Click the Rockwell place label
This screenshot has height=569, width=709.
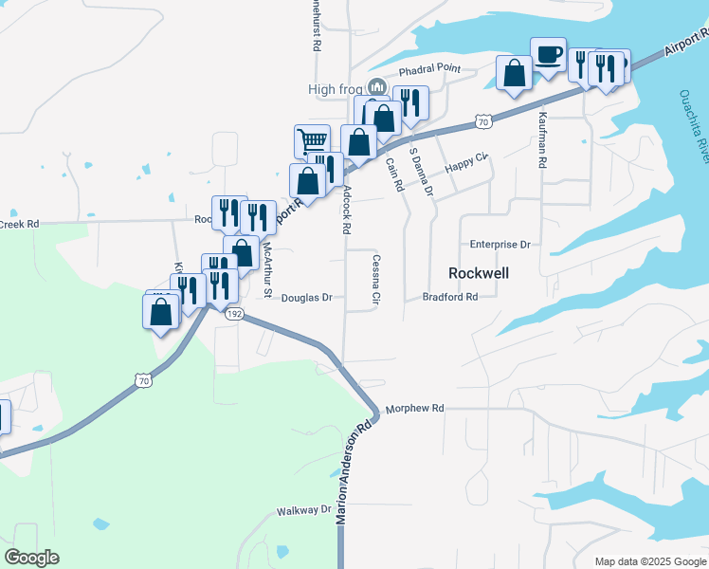pyautogui.click(x=479, y=273)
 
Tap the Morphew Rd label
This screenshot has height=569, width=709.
pyautogui.click(x=413, y=409)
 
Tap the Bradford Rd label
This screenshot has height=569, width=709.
pyautogui.click(x=449, y=297)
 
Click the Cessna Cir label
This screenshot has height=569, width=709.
pyautogui.click(x=375, y=281)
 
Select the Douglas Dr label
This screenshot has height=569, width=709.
pyautogui.click(x=306, y=298)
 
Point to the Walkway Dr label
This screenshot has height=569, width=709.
pyautogui.click(x=303, y=511)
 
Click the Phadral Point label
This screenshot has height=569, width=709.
pyautogui.click(x=428, y=69)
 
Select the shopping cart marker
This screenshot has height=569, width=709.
pyautogui.click(x=312, y=141)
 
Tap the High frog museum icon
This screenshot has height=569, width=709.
pyautogui.click(x=377, y=89)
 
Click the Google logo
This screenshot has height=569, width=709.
pyautogui.click(x=32, y=558)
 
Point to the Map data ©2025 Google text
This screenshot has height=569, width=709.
pyautogui.click(x=650, y=561)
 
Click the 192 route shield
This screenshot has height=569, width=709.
pyautogui.click(x=236, y=313)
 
